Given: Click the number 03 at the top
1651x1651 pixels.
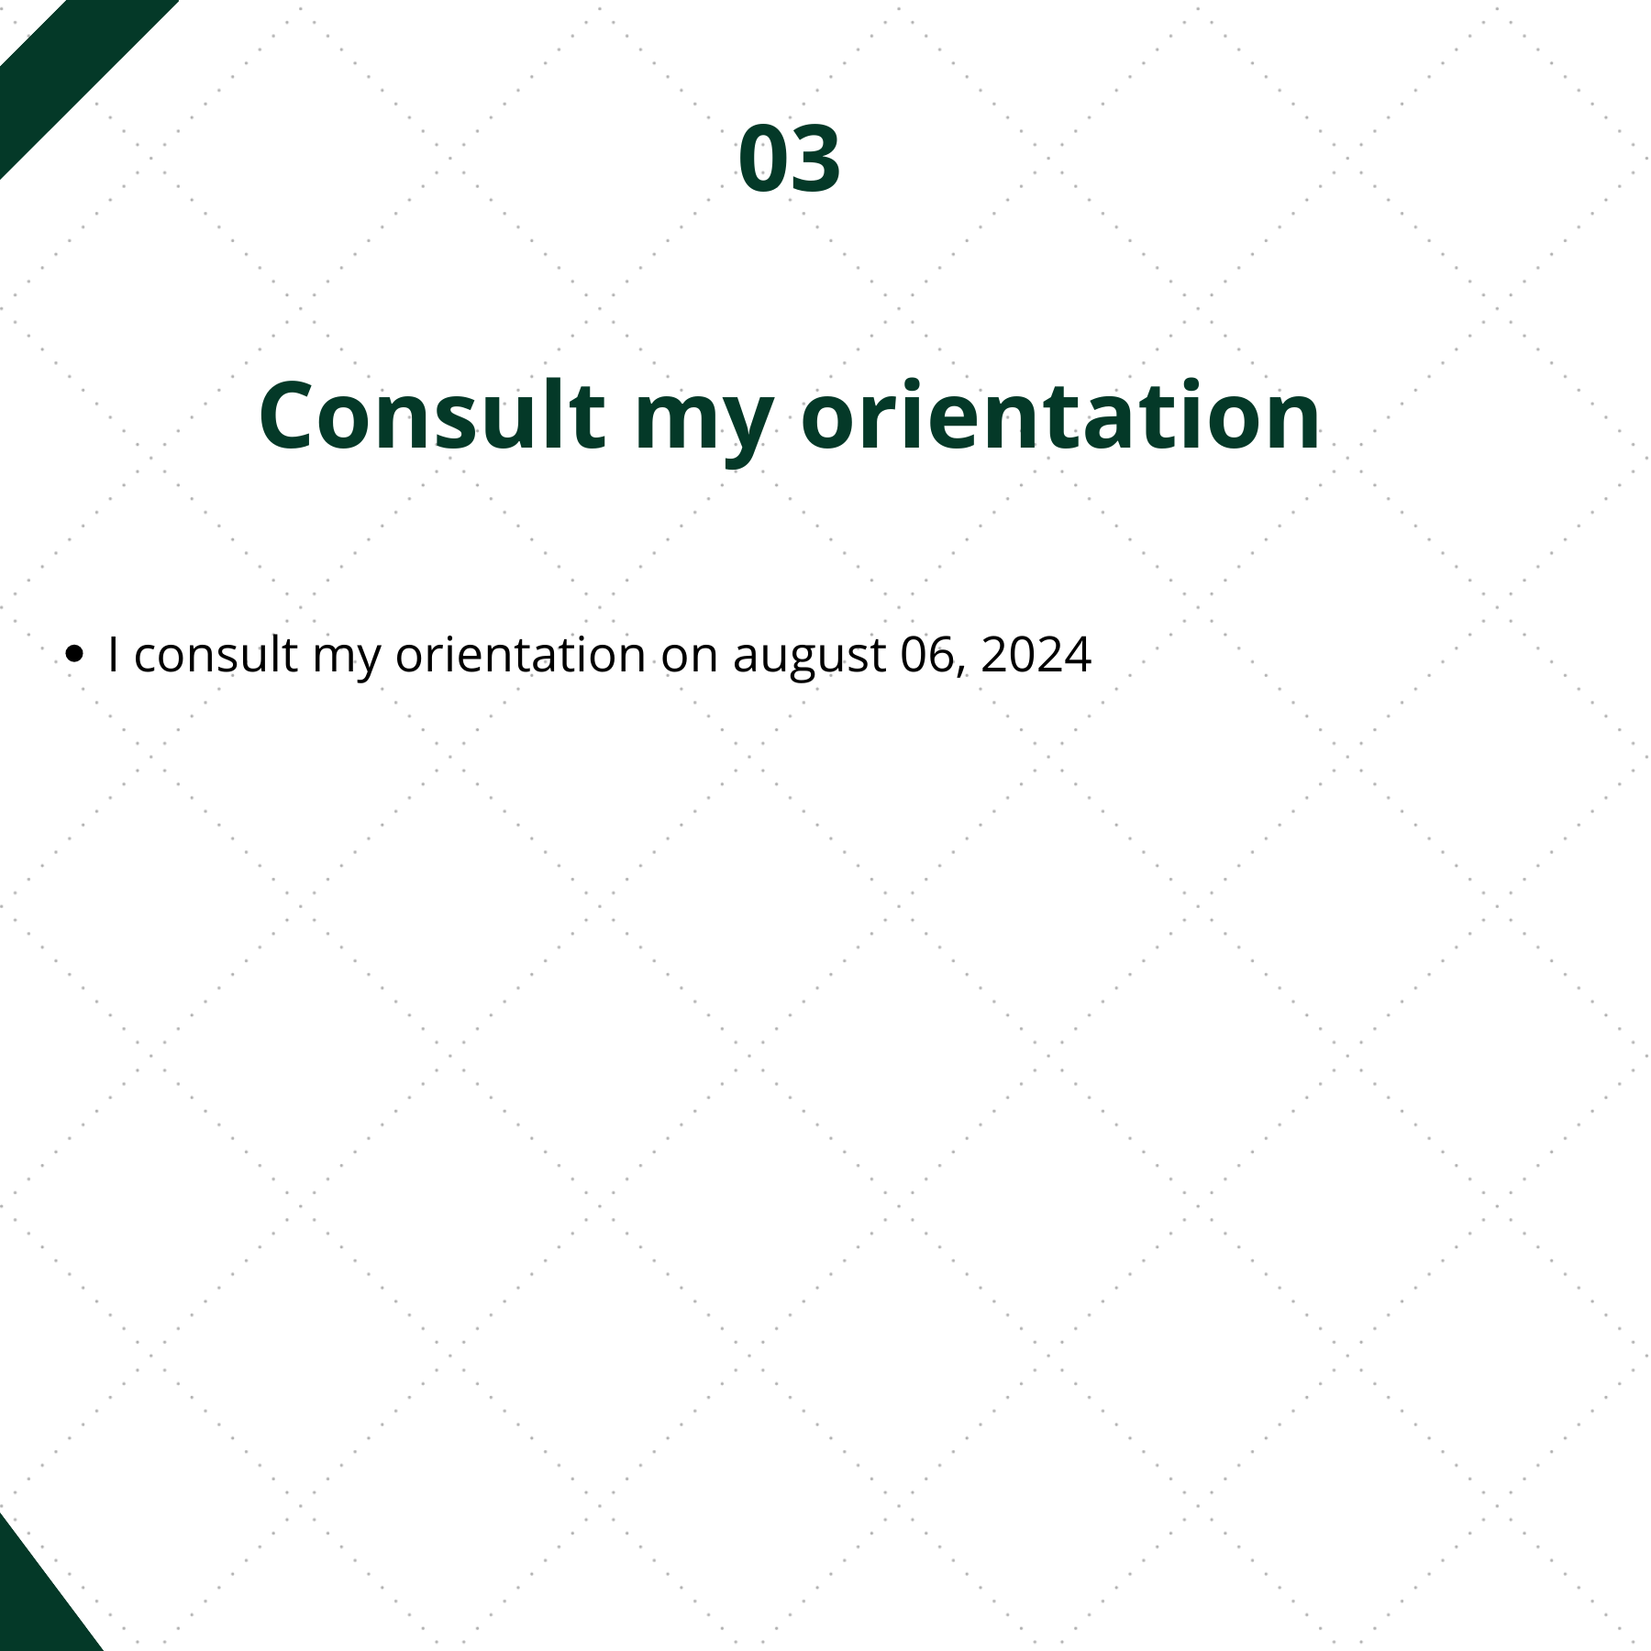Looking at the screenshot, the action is (x=789, y=158).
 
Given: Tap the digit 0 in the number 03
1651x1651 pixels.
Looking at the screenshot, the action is (x=763, y=158).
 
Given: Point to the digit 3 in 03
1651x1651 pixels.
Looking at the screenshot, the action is (x=815, y=158).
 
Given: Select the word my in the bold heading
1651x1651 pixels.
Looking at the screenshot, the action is (x=704, y=427).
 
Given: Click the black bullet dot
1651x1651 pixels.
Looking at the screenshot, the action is (x=75, y=654).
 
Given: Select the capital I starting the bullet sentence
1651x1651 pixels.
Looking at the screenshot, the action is (x=114, y=654).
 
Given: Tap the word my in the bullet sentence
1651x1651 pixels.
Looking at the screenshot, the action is (x=347, y=660).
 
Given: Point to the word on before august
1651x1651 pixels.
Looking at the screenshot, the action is (x=689, y=660).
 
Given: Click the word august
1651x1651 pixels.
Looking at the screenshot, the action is (x=809, y=660).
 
